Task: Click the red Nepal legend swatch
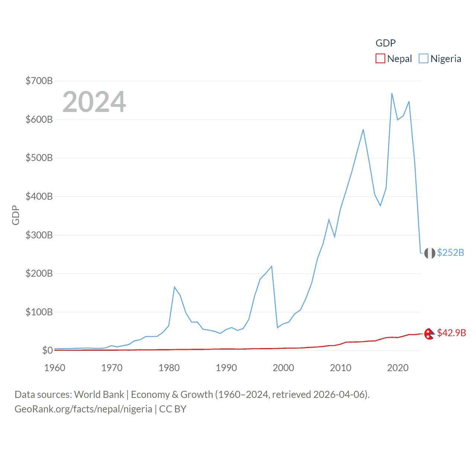click(x=380, y=59)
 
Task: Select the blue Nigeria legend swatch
click(x=423, y=59)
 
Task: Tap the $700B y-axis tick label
click(x=39, y=81)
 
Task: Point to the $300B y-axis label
click(x=39, y=235)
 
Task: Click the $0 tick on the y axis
click(x=47, y=350)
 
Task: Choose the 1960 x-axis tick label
click(x=55, y=368)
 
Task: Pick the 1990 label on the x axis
click(x=226, y=368)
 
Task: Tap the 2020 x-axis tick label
click(x=398, y=368)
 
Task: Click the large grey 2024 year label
click(x=94, y=102)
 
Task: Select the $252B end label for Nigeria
click(x=450, y=253)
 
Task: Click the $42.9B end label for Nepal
click(x=451, y=333)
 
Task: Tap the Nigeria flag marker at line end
click(x=430, y=253)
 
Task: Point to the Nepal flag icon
click(x=430, y=334)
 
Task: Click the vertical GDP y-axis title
click(x=16, y=215)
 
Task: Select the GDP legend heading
click(x=386, y=43)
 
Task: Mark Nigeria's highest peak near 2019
click(x=392, y=93)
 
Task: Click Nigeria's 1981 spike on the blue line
click(x=174, y=287)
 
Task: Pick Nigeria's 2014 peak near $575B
click(x=363, y=129)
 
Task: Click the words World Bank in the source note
click(x=99, y=395)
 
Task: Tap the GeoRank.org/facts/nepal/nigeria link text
click(x=83, y=409)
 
